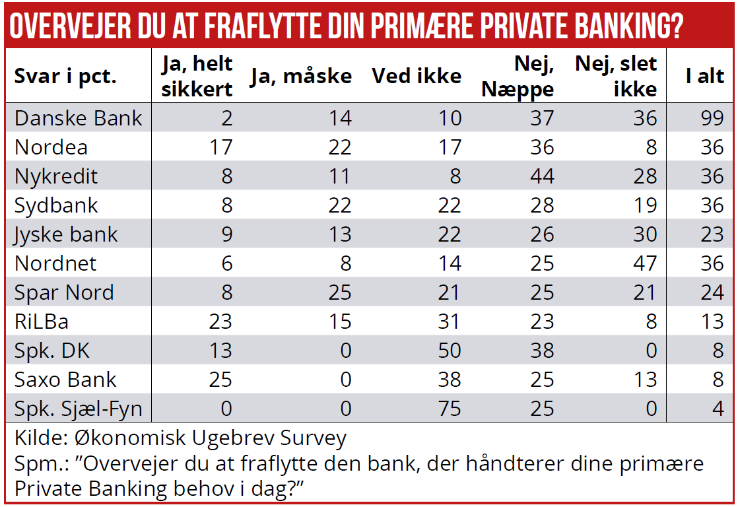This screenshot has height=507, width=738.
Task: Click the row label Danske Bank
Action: [79, 118]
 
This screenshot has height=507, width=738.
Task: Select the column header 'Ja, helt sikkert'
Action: [197, 76]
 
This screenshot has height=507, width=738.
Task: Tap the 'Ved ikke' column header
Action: [417, 76]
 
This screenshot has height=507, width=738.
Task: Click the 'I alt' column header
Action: [704, 76]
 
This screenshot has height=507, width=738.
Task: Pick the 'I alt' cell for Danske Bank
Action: [712, 118]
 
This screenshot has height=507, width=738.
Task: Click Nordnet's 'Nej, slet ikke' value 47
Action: [644, 263]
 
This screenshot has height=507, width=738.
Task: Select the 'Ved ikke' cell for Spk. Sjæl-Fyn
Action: [450, 409]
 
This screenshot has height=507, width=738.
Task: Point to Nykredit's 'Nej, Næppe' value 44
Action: [542, 176]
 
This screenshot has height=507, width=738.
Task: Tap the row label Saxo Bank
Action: [65, 380]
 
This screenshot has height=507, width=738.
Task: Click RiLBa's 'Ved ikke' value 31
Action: [450, 321]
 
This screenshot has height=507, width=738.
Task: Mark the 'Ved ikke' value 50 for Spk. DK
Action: [450, 351]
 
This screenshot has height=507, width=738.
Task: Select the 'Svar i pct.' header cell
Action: [65, 76]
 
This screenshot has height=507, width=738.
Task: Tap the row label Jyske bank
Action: [66, 234]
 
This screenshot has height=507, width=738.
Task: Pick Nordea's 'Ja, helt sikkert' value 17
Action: [220, 147]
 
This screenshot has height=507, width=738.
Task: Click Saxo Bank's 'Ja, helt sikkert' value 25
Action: [220, 380]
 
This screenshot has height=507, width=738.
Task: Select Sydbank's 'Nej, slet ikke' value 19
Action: [645, 205]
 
